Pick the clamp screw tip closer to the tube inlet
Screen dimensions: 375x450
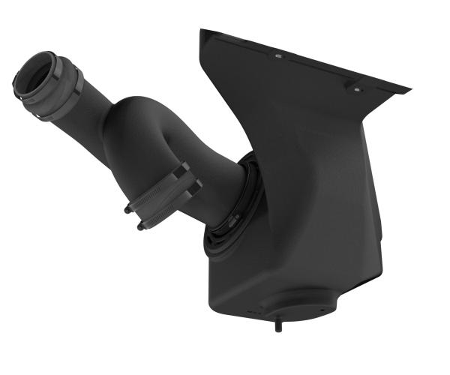tap(128, 211)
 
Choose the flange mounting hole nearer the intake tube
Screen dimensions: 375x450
tap(277, 56)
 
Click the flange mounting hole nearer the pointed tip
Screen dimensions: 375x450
tap(357, 87)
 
